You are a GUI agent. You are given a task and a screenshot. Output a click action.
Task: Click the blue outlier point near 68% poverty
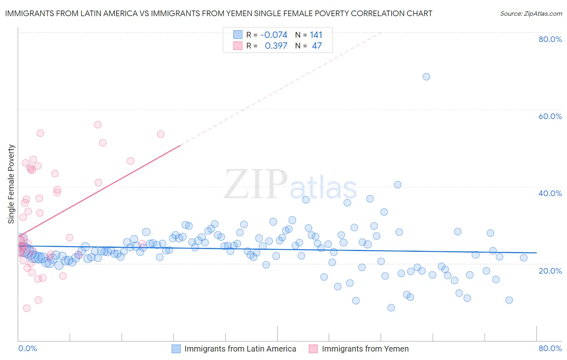coord(426,77)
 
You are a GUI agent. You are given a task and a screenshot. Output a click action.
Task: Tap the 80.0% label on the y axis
coord(550,39)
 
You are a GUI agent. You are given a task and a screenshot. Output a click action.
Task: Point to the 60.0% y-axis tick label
coord(550,116)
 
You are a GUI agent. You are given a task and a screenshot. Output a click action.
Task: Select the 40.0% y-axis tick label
coord(550,193)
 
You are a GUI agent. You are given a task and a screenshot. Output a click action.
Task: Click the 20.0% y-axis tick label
coord(550,271)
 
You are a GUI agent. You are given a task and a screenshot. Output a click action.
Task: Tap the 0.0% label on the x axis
coord(27,348)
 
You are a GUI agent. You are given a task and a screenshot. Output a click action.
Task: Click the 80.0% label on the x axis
coord(550,348)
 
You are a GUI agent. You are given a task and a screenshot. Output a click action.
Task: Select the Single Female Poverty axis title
coord(11,184)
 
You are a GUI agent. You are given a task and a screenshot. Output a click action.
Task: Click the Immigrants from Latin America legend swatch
coord(176,349)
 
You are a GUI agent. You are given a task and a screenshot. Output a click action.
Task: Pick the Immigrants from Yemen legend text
coord(365,349)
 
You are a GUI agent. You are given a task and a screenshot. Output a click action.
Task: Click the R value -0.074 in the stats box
coord(274,35)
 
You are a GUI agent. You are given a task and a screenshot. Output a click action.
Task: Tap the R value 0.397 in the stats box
coord(276,46)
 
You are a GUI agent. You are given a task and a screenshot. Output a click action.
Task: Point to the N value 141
coord(316,35)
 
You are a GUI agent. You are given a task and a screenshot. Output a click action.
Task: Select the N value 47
coord(317,46)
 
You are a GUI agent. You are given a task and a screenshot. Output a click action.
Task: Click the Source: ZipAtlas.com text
coord(531,14)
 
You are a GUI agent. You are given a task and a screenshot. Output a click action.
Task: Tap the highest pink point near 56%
coord(98,125)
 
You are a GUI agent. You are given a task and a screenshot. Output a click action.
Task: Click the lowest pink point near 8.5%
coord(27,308)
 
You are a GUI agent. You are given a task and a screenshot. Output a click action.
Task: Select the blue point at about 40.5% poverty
coord(398,185)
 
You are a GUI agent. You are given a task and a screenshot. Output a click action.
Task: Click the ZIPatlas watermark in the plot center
coord(290,185)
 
